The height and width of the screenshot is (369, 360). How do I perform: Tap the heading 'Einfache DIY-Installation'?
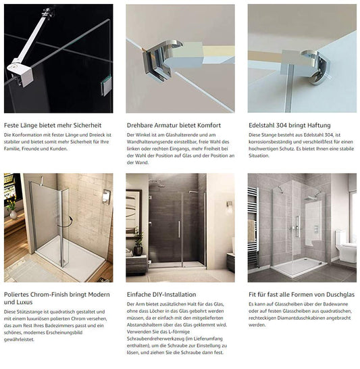[161, 294]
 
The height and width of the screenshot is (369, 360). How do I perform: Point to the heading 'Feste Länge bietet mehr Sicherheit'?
[53, 125]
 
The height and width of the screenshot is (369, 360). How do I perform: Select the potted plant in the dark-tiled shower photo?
[138, 240]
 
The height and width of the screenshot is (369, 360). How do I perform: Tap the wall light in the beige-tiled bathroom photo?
[106, 196]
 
